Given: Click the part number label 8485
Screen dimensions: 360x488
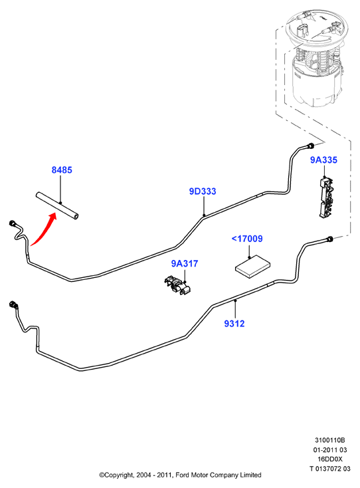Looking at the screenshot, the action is click(62, 170).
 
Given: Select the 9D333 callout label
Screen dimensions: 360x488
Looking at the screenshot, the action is click(203, 191).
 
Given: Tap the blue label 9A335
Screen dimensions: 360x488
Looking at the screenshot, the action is click(323, 160).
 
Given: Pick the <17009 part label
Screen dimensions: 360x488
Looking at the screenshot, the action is click(247, 239).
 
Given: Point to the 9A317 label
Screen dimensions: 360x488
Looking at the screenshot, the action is click(185, 263).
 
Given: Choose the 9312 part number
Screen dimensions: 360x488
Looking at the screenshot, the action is click(234, 324).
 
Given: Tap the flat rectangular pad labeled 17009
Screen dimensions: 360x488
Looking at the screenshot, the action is click(252, 267).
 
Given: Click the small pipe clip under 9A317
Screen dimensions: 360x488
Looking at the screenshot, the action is click(177, 285).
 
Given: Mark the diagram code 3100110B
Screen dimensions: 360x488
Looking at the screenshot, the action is click(330, 440).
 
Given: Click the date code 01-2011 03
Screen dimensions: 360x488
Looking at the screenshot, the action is click(330, 449).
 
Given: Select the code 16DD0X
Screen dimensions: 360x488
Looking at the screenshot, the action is click(330, 459).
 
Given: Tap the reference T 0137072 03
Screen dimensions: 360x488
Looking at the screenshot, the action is click(330, 469).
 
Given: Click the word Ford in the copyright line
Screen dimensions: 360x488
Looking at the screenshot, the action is click(183, 475).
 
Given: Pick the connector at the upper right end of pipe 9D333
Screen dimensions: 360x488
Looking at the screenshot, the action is click(310, 146).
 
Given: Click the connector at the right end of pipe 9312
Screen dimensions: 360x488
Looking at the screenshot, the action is click(329, 239).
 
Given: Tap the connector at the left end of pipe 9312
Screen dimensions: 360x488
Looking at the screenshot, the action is click(13, 305).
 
